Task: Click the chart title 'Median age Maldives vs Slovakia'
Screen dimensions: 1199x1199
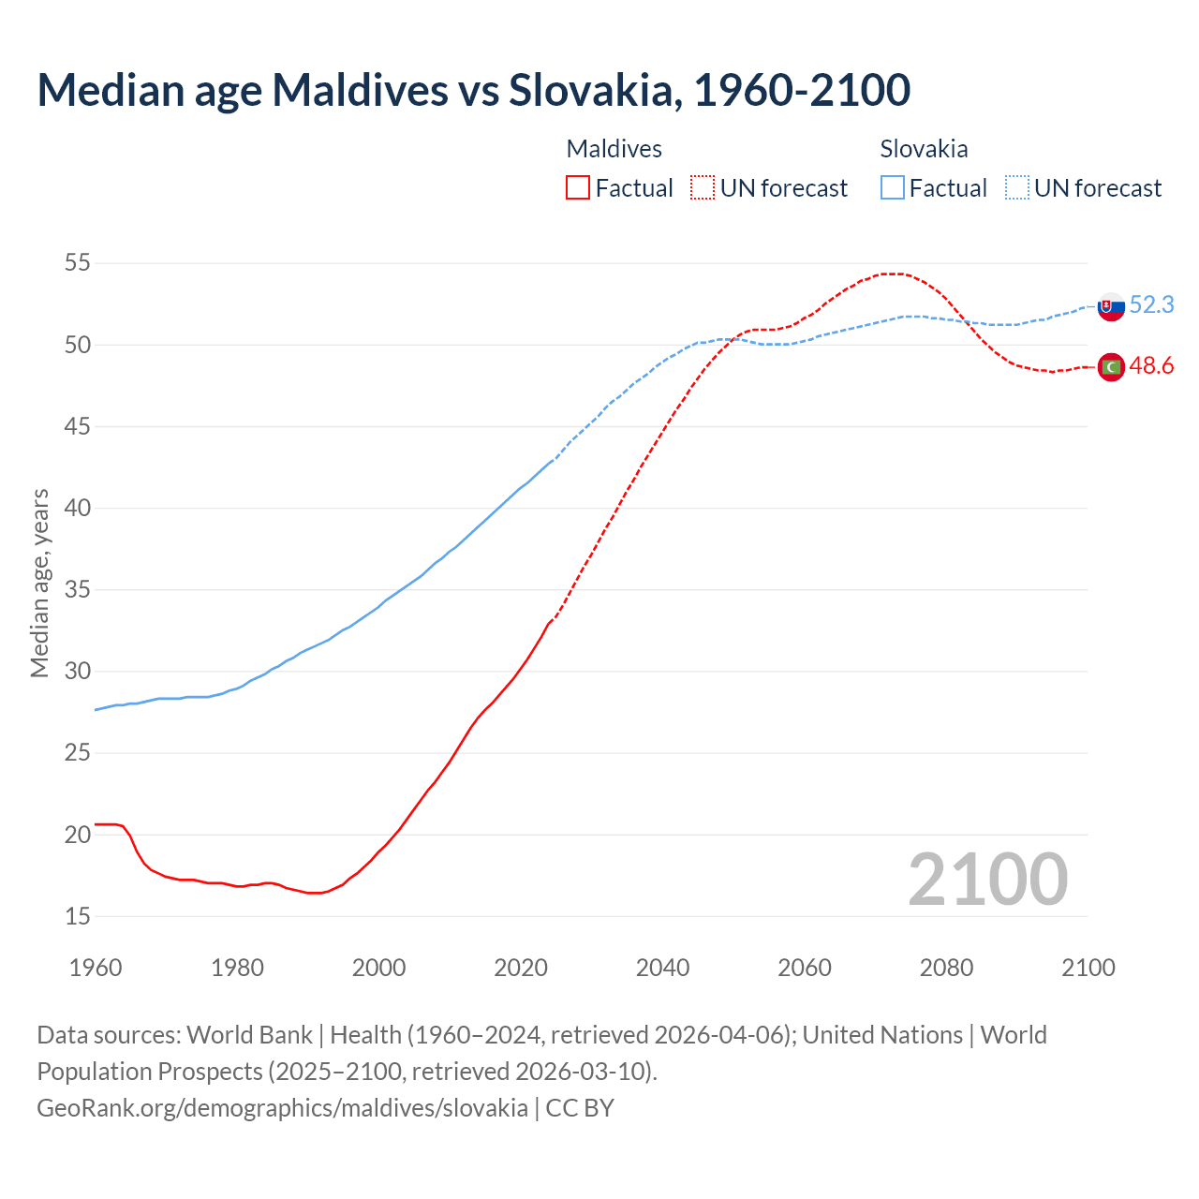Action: pos(473,91)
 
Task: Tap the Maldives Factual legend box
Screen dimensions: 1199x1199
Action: pos(578,188)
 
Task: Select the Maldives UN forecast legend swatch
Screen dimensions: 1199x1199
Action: pos(703,188)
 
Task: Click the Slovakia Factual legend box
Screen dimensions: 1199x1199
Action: pos(893,188)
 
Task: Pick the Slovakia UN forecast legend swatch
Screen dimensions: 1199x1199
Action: pos(1017,188)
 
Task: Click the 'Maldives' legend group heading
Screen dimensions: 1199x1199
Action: pos(614,149)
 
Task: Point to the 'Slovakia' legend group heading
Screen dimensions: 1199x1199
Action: pos(924,149)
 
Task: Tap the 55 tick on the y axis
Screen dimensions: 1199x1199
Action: pos(78,263)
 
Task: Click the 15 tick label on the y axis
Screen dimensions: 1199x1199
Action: pos(78,916)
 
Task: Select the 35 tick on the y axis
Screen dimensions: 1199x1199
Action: pos(78,590)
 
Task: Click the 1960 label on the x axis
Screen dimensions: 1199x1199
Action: pos(96,968)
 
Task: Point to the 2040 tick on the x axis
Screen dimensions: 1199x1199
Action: pos(663,968)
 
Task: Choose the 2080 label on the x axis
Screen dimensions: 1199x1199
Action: pos(946,968)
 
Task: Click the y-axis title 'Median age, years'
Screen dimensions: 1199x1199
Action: pos(39,583)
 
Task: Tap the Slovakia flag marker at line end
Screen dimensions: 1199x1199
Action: pos(1111,306)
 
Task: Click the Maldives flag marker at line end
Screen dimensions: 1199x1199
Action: pos(1111,367)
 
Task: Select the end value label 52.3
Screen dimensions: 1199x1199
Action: pos(1151,305)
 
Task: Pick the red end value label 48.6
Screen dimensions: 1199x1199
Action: pos(1151,366)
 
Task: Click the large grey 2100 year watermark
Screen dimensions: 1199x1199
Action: pos(988,880)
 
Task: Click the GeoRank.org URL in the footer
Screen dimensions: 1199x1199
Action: pos(282,1108)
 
